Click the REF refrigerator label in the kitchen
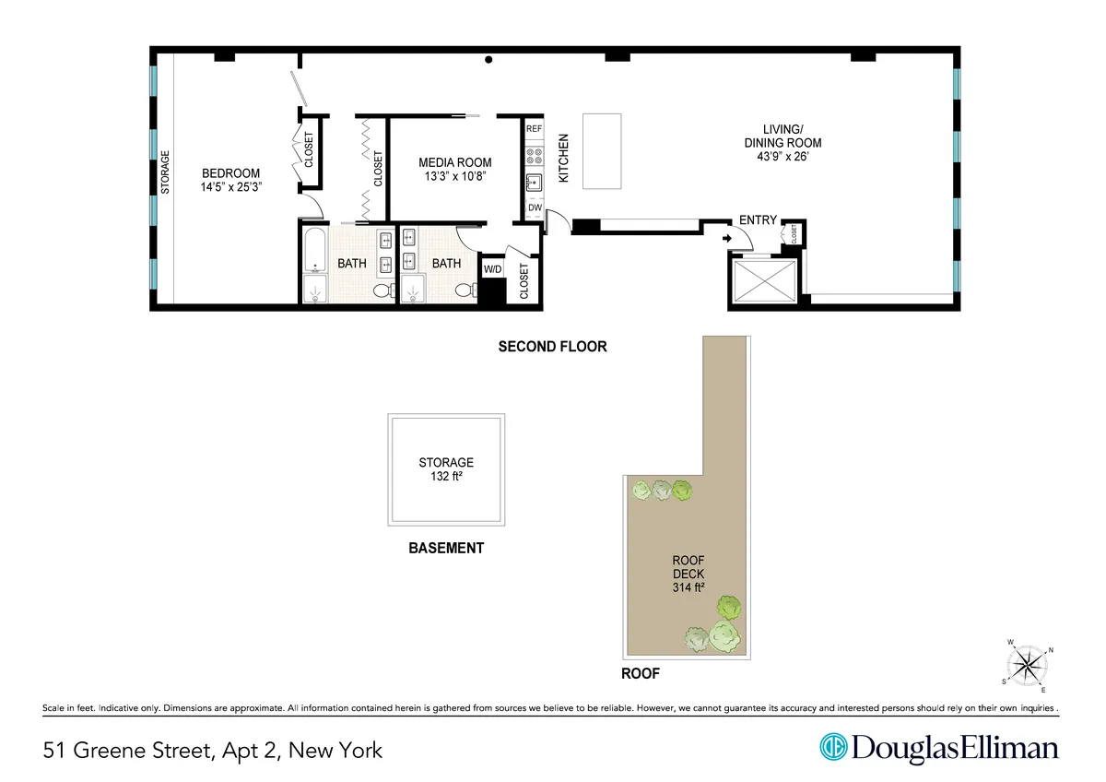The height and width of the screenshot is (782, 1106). [x=534, y=129]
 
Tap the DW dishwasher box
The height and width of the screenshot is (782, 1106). [x=535, y=208]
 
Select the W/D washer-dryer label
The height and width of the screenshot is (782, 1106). [x=493, y=269]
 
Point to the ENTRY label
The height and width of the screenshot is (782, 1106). [x=758, y=221]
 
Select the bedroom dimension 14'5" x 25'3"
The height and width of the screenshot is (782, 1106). [x=231, y=187]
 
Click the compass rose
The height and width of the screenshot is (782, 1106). [x=1026, y=664]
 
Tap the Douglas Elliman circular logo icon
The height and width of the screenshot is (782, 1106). [x=833, y=747]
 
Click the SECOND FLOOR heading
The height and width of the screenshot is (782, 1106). [x=552, y=348]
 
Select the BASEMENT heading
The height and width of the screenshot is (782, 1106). [x=446, y=548]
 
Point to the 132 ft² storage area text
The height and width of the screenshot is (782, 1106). [x=446, y=477]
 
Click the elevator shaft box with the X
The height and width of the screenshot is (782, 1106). [x=764, y=280]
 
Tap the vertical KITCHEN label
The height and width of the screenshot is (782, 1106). [x=564, y=159]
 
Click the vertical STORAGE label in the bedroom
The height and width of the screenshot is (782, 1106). [x=166, y=172]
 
